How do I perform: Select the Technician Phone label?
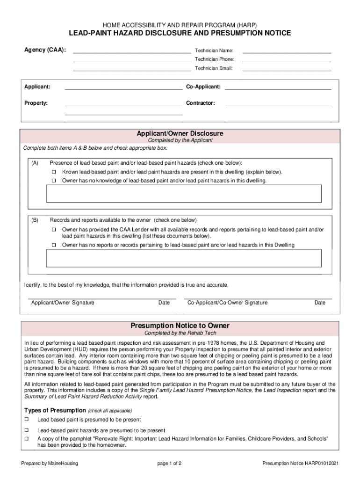click(215, 59)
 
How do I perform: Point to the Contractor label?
click(200, 103)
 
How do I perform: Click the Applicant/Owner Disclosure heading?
click(180, 133)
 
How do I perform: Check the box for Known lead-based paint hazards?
click(54, 172)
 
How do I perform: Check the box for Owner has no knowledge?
click(54, 181)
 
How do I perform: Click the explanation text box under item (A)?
click(184, 193)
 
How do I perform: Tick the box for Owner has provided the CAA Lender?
click(54, 230)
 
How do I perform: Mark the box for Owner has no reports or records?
click(54, 245)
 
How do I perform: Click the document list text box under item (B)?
click(184, 258)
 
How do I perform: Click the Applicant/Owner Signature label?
click(63, 303)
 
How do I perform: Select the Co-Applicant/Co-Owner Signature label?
click(228, 303)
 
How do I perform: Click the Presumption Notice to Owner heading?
click(180, 326)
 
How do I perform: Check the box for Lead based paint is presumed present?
click(27, 420)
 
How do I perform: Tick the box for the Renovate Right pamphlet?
click(27, 439)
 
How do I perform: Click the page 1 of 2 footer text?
click(169, 463)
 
